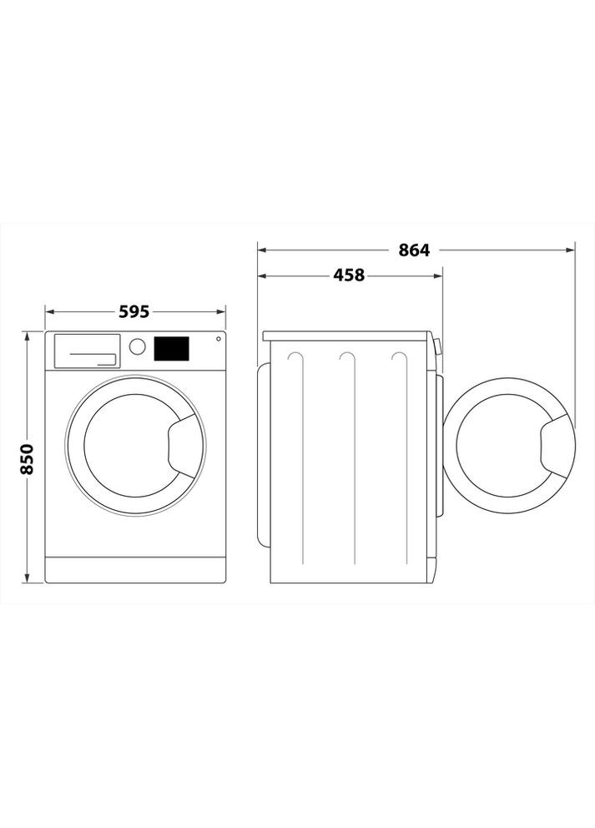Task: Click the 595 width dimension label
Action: tap(134, 311)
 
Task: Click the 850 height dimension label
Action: tap(27, 458)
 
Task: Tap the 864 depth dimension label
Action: tap(413, 250)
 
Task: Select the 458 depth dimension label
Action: tap(349, 275)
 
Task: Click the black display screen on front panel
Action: tap(171, 348)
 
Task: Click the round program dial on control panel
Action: tap(138, 346)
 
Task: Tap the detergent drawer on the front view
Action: tap(87, 351)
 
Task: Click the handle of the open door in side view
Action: tap(557, 445)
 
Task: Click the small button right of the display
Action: tap(218, 339)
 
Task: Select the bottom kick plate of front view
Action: tap(135, 570)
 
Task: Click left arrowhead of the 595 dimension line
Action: tap(48, 312)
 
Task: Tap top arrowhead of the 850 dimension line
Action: tap(28, 336)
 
